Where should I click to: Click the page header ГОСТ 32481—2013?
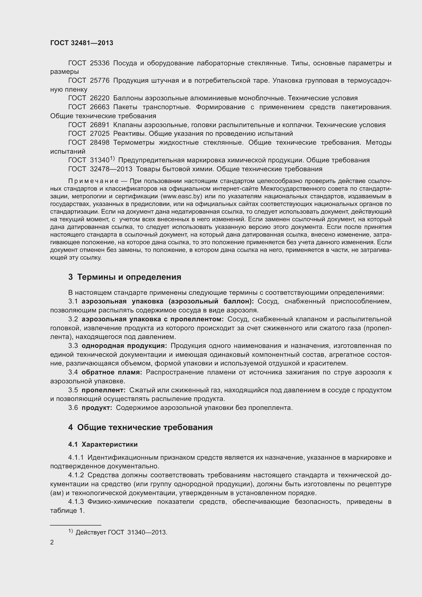point(82,43)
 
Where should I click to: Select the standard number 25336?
point(100,63)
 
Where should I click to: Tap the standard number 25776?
point(100,81)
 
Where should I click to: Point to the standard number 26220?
point(100,98)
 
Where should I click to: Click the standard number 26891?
point(100,125)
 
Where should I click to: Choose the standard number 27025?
point(100,134)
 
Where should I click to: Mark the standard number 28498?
point(100,142)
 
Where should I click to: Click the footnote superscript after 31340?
point(112,158)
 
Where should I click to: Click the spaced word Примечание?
point(93,181)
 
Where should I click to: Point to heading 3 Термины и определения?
point(125,277)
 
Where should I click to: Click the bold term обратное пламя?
point(112,372)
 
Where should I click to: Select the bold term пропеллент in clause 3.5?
point(103,390)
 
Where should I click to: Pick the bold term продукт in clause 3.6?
point(97,408)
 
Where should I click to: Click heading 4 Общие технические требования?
point(140,427)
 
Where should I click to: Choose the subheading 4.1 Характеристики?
point(103,444)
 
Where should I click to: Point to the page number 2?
point(52,542)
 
